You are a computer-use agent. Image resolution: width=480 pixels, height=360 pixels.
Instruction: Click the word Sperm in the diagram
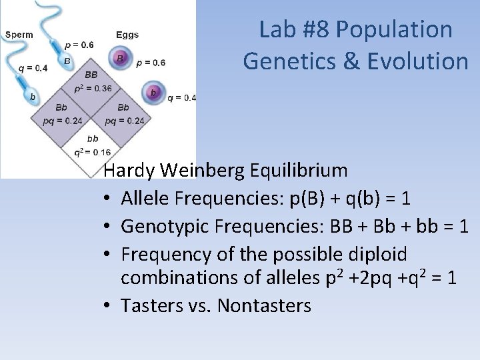(x=17, y=35)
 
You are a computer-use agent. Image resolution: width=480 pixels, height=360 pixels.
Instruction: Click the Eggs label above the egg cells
(x=127, y=35)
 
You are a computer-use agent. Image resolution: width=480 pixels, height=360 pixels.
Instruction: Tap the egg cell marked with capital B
(x=120, y=59)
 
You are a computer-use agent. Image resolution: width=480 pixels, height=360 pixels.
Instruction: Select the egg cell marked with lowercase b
(x=154, y=92)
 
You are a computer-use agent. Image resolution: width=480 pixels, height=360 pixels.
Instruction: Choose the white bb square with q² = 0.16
(x=93, y=145)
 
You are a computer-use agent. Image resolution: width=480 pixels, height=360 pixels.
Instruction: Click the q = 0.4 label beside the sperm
(x=32, y=67)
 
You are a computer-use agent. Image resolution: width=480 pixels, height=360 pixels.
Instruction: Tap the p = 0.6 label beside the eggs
(x=151, y=63)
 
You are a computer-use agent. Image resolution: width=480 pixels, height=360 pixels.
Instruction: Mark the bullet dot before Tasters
(x=109, y=307)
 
